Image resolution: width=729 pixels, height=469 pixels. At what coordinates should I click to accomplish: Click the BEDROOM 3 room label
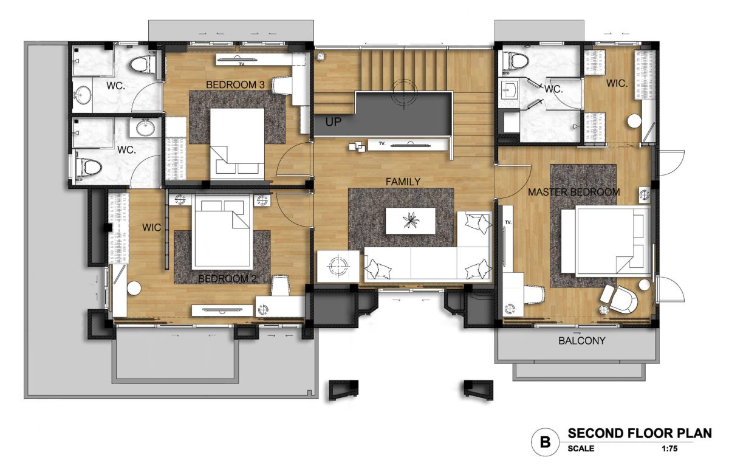[x=235, y=85]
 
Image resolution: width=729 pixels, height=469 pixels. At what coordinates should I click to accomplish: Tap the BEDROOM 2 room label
[x=227, y=279]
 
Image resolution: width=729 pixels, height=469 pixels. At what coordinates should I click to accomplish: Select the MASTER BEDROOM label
[x=573, y=192]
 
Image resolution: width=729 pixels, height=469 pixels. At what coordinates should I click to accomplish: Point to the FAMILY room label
[x=403, y=182]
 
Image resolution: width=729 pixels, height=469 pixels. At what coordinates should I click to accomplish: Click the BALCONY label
[x=582, y=341]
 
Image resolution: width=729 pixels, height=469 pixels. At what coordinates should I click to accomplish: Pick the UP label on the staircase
[x=334, y=122]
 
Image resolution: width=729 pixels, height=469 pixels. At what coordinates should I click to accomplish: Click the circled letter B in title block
[x=545, y=442]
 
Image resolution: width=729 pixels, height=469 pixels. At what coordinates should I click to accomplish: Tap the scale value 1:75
[x=669, y=449]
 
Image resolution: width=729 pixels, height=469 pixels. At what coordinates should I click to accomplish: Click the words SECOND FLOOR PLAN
[x=640, y=434]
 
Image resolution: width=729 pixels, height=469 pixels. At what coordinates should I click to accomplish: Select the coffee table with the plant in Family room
[x=411, y=221]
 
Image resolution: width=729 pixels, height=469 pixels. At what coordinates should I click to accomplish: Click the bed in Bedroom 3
[x=237, y=144]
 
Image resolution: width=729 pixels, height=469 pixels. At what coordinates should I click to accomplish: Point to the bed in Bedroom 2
[x=222, y=231]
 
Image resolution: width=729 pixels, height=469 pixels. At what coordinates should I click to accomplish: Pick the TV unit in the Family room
[x=408, y=144]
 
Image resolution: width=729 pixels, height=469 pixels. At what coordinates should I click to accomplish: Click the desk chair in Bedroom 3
[x=281, y=85]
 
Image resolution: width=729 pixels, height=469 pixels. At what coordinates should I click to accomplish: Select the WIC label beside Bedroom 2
[x=151, y=227]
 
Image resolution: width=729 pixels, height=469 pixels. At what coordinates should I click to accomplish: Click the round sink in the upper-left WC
[x=83, y=94]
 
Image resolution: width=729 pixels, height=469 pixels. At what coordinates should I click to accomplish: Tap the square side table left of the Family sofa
[x=338, y=266]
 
